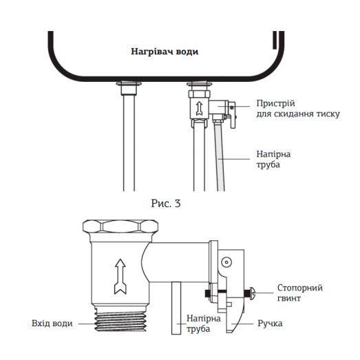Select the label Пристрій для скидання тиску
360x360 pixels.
[x=297, y=108]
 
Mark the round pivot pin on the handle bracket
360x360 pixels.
[x=225, y=262]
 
